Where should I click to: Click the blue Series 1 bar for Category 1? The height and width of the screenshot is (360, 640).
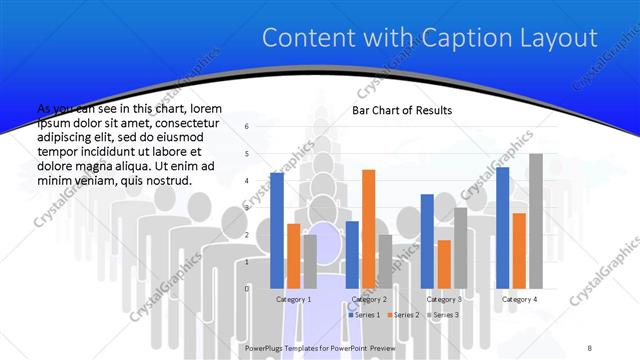click(x=277, y=230)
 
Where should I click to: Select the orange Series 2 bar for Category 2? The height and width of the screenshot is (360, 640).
click(x=368, y=229)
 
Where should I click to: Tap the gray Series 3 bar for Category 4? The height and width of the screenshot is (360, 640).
click(x=535, y=221)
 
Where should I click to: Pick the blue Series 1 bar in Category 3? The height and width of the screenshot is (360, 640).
click(x=427, y=241)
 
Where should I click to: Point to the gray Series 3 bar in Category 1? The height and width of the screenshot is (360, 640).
click(x=309, y=261)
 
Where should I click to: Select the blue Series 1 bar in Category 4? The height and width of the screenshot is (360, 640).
click(x=503, y=227)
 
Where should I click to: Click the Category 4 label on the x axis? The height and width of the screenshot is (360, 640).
click(x=519, y=299)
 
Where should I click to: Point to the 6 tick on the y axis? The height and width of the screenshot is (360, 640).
click(x=247, y=127)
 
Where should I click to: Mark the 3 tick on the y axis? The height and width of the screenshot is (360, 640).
click(x=247, y=208)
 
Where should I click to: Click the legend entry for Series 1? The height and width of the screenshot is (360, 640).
click(x=365, y=315)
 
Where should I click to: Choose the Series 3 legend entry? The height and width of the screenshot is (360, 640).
click(x=443, y=315)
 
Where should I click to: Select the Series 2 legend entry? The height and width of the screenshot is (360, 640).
click(x=404, y=315)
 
